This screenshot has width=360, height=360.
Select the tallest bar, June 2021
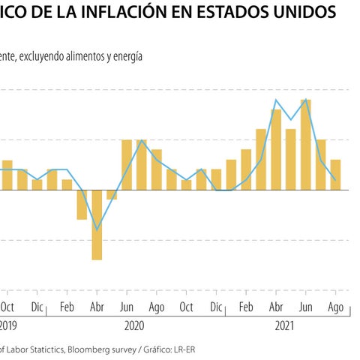point(306,144)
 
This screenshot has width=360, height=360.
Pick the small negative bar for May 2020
point(112,194)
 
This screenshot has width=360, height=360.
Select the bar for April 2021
point(276,149)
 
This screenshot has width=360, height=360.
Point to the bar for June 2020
point(127,164)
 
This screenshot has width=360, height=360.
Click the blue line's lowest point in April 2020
point(97,229)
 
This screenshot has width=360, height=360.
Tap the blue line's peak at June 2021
point(306,100)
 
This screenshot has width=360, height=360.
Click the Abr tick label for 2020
point(97,307)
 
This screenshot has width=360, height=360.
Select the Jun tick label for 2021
point(306,307)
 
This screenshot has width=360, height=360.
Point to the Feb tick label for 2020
point(67,307)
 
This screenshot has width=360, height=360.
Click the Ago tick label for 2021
point(336,307)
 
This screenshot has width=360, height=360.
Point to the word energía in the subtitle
point(125,56)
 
